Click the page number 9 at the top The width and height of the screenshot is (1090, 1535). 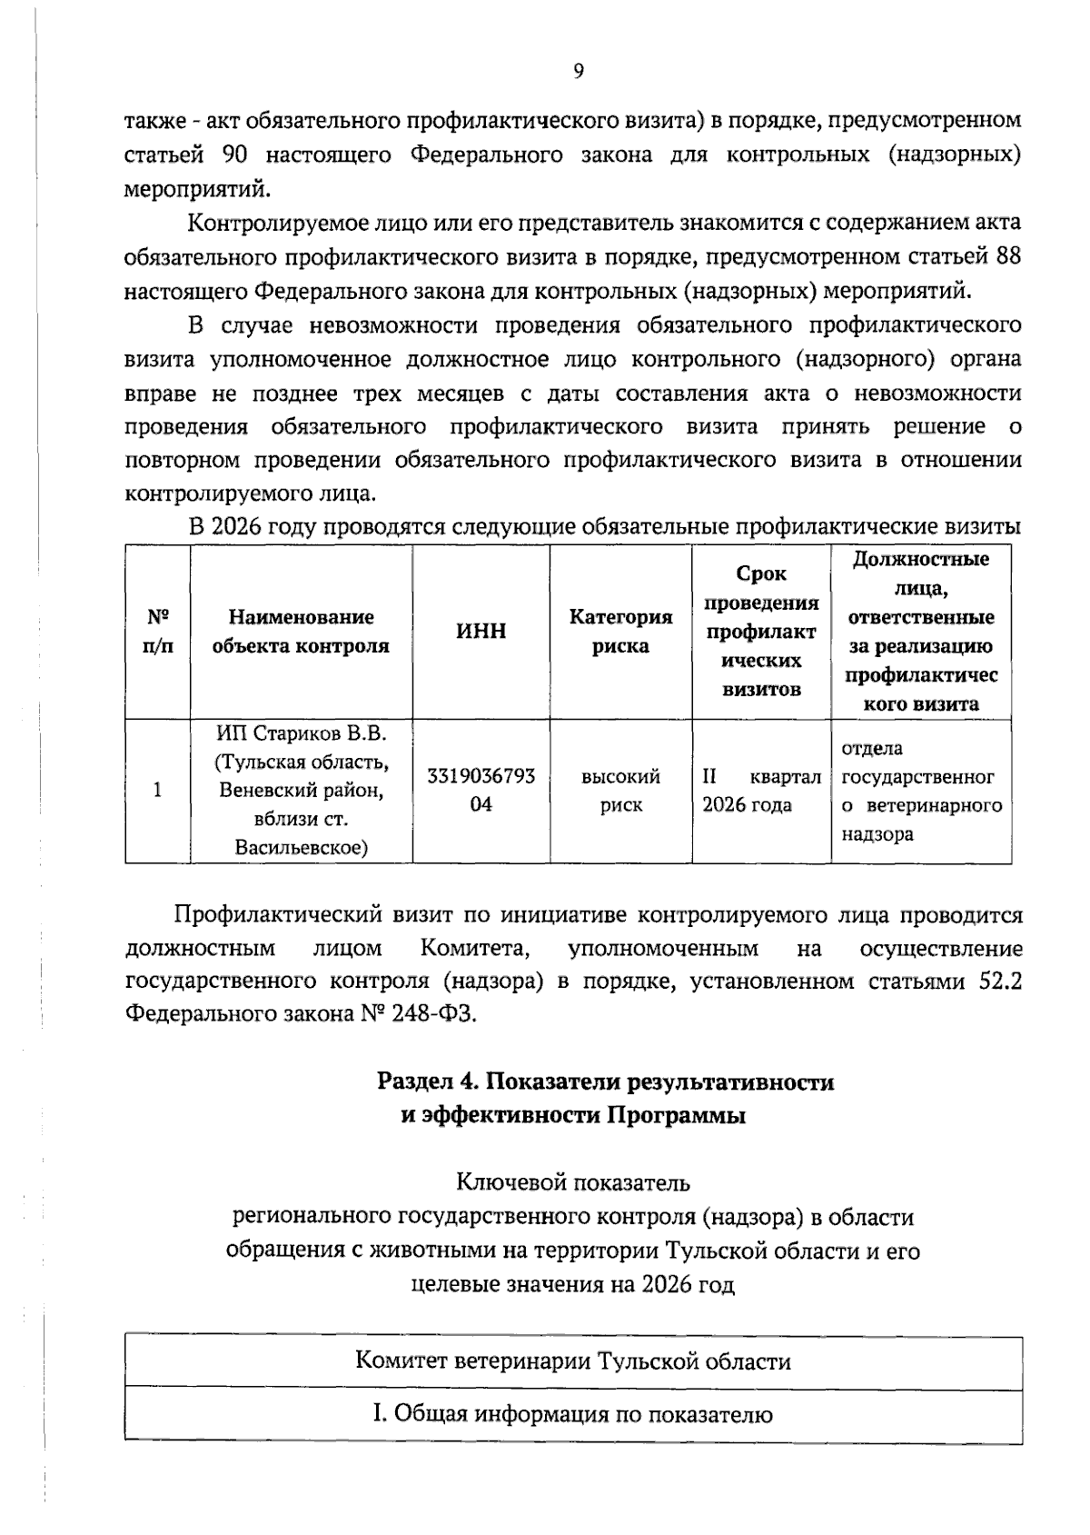coord(578,72)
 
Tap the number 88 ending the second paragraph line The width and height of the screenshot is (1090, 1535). coord(1008,257)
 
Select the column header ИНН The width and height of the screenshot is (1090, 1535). coord(481,632)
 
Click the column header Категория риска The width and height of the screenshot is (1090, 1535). coord(620,632)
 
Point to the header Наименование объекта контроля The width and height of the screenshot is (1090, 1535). coord(301,632)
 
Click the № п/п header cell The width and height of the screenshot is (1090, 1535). coord(158,632)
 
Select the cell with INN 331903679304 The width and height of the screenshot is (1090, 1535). coord(481,791)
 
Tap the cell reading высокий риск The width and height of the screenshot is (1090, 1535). coord(620,791)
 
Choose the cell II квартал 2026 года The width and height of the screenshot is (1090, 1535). coord(760,791)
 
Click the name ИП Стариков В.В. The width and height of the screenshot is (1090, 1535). coord(301,733)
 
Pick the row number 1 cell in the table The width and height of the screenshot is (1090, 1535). coord(158,790)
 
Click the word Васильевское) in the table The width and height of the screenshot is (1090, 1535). coord(301,848)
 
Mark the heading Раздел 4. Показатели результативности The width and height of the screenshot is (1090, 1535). coord(605,1081)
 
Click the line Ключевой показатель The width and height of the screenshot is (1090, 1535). coord(573,1182)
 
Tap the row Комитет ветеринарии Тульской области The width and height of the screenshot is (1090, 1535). coord(573,1361)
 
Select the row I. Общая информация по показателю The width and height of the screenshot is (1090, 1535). coord(573,1414)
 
